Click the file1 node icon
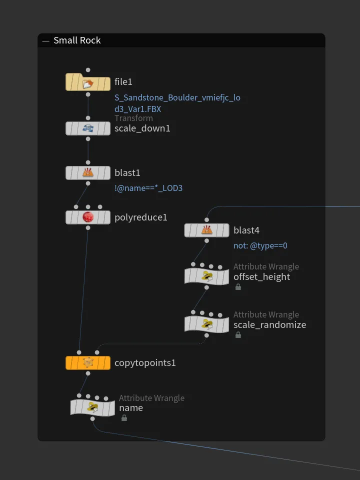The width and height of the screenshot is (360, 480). click(x=88, y=83)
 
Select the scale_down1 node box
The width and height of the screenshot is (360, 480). click(x=88, y=128)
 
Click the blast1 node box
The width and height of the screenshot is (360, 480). click(x=88, y=173)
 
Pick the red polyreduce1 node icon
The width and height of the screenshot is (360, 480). click(x=88, y=217)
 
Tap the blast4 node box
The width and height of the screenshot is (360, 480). click(x=206, y=230)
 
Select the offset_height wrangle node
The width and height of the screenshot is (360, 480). click(x=206, y=276)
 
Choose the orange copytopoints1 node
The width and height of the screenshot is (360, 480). click(x=88, y=363)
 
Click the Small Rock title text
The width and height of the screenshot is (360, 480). click(x=77, y=40)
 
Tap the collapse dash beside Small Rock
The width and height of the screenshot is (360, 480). click(x=45, y=40)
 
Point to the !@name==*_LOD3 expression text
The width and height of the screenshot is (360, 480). click(x=148, y=188)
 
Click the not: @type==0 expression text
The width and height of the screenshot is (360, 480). click(x=260, y=245)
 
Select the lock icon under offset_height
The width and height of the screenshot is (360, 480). click(x=238, y=287)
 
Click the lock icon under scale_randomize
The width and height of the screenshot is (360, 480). click(x=238, y=335)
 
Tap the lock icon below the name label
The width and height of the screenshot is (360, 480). click(x=124, y=418)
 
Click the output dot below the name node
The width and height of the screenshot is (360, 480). click(x=92, y=419)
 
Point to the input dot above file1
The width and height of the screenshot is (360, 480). click(x=88, y=70)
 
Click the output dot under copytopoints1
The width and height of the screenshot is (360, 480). click(x=88, y=373)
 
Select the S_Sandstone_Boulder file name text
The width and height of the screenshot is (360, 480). click(x=177, y=103)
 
